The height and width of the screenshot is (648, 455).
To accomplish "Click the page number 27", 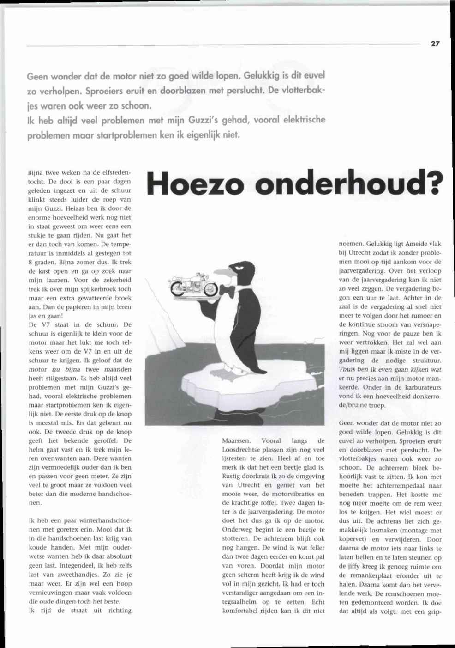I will pos(435,44).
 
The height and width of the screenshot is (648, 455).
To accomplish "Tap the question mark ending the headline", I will pos(434,183).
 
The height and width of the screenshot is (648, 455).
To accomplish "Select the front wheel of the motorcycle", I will pos(210,289).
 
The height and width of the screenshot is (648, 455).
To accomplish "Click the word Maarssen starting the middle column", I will pos(237,441).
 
